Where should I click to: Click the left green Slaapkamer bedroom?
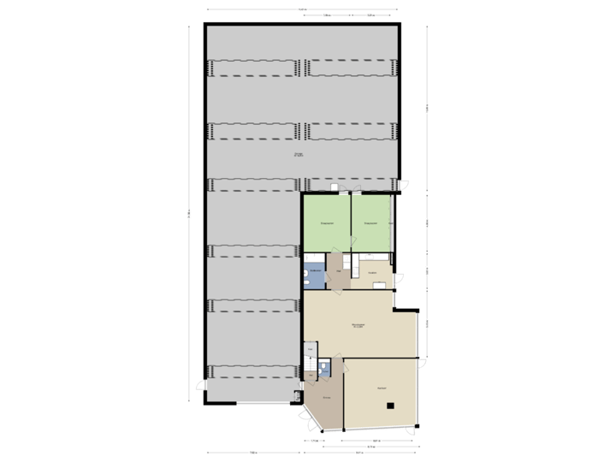[326, 224]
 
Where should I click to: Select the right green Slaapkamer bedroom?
[370, 224]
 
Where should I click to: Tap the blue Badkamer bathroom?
[315, 275]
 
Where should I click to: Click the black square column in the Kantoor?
[389, 406]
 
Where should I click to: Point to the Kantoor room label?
[381, 388]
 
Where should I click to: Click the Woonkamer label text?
[358, 325]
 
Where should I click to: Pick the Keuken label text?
[373, 273]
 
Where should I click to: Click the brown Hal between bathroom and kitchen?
[339, 271]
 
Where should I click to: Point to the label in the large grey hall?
[298, 155]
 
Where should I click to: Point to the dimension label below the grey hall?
[253, 452]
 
